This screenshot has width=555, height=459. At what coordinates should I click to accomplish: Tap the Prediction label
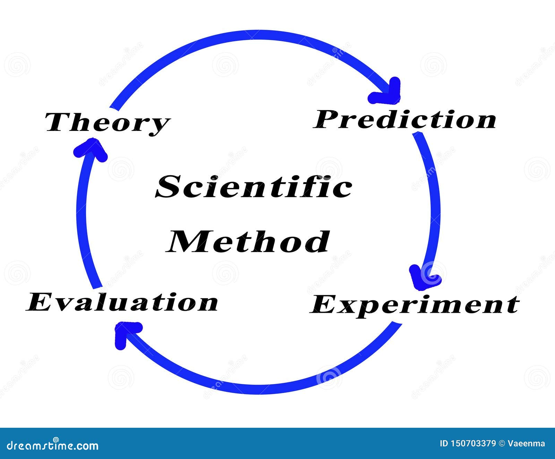pos(404,119)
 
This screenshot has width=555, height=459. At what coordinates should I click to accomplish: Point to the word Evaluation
pos(122,302)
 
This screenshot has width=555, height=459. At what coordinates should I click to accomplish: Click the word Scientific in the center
pos(254,186)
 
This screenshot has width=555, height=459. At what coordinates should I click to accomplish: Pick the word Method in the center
pos(248,242)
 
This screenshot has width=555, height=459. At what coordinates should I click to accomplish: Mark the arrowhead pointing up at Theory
pos(91,149)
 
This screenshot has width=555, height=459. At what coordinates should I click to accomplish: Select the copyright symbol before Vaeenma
pos(502,443)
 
